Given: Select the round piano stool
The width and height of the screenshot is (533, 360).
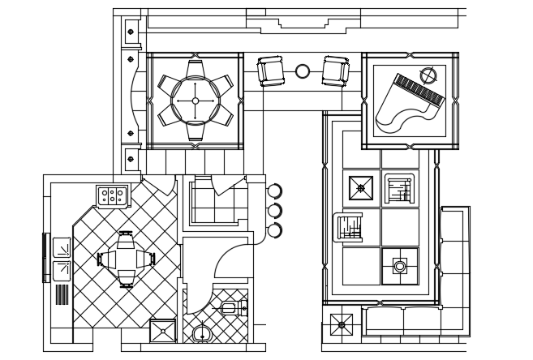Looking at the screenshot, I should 428,75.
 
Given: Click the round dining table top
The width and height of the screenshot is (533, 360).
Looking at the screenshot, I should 196,101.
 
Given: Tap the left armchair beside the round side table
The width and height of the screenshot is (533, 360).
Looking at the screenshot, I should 270,71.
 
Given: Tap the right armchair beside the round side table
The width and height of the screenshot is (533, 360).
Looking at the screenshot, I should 335,71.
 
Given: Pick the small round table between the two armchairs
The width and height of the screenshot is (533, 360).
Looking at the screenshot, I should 303,71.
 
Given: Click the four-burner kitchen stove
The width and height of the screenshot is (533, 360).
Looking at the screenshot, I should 112,195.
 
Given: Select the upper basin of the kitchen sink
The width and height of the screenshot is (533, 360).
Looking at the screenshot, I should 62,247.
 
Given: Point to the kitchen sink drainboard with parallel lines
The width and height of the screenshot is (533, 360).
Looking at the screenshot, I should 62,294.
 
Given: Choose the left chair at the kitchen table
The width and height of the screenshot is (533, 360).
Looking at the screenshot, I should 105,259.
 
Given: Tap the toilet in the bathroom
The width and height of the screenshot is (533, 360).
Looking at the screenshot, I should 230,308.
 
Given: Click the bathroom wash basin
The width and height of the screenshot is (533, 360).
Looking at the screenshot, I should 202,332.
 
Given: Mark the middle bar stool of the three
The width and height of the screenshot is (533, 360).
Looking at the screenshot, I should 274,211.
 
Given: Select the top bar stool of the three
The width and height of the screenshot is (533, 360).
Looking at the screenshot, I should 274,191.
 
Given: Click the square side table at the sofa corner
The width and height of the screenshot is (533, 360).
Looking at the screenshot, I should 342,324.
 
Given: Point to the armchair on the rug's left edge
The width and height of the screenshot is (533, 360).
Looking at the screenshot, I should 348,228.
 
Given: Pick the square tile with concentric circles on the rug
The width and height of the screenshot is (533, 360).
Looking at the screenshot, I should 400,266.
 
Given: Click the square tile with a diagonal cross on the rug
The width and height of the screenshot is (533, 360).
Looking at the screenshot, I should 361,188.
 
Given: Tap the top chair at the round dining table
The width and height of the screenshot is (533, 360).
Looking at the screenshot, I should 196,67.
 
